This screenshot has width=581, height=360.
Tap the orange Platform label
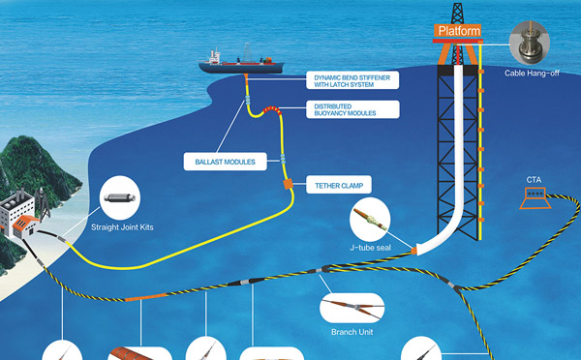pyautogui.click(x=459, y=31)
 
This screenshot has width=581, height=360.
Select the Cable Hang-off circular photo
pyautogui.click(x=529, y=42)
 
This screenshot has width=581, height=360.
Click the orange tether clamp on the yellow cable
pyautogui.click(x=288, y=182)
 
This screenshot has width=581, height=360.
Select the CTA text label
pyautogui.click(x=534, y=180)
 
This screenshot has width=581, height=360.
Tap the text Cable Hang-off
pyautogui.click(x=530, y=74)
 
